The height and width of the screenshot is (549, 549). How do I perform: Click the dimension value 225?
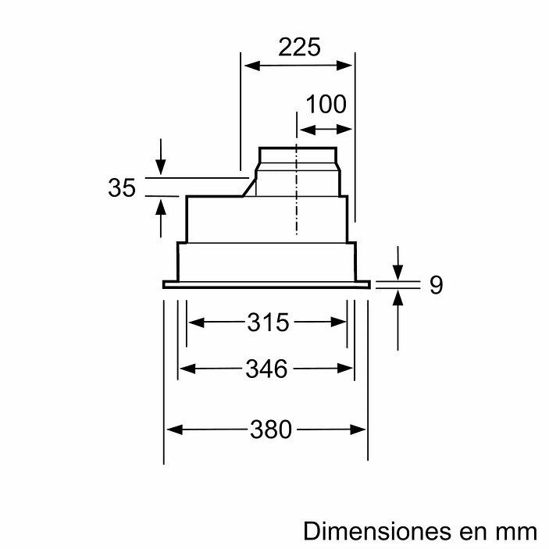point(300,48)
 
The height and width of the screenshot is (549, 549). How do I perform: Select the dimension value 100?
point(326,104)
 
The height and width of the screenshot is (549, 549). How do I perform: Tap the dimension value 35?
point(122,188)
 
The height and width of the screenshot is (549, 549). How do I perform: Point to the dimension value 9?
point(436,285)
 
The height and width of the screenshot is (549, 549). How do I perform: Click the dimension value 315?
point(268,322)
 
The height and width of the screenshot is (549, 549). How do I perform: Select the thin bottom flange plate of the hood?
point(265,284)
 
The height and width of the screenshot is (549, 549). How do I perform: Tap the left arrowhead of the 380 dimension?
point(171,429)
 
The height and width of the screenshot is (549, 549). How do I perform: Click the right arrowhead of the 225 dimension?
point(349,66)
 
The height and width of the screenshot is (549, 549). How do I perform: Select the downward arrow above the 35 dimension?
point(161,165)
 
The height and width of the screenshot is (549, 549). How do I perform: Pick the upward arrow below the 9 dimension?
point(398,298)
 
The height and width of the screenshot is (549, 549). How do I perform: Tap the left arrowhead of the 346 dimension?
point(185,368)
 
